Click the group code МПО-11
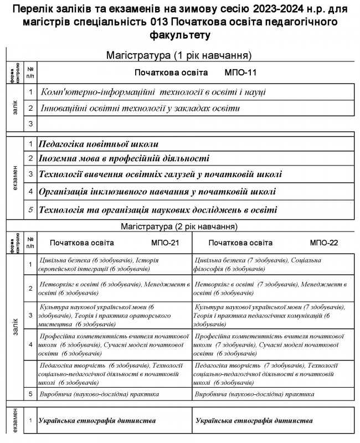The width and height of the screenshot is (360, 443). (x=240, y=73)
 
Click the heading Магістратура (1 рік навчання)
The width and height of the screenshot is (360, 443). (x=180, y=55)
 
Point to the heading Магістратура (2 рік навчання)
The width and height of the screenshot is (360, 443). (x=180, y=226)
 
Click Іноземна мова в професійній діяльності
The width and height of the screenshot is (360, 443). (x=124, y=159)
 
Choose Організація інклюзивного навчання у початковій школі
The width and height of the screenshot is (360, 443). (x=157, y=192)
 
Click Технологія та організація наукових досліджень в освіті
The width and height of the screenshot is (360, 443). (x=158, y=210)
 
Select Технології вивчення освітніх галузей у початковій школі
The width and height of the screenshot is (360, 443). (x=160, y=175)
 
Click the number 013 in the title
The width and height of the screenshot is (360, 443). (x=157, y=23)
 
